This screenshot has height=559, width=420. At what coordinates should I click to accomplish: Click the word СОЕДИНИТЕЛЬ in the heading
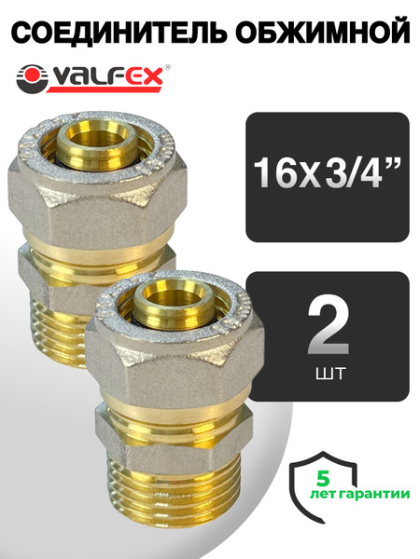click(111, 33)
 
